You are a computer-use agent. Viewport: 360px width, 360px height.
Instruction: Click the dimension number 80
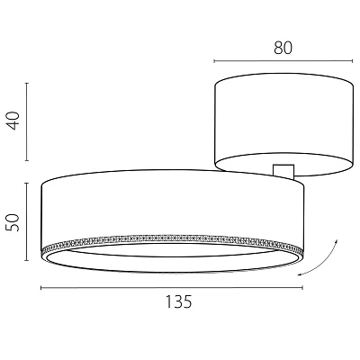(x=283, y=48)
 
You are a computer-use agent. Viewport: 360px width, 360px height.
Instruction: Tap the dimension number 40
(x=13, y=121)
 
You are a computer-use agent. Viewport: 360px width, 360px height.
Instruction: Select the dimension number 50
(x=13, y=222)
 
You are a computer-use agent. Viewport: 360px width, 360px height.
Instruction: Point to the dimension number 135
(x=178, y=301)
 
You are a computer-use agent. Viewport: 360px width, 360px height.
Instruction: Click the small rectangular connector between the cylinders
(x=283, y=171)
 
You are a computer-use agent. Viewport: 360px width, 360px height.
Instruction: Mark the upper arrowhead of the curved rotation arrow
(x=337, y=241)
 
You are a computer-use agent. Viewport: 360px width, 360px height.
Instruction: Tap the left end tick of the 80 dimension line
(x=214, y=61)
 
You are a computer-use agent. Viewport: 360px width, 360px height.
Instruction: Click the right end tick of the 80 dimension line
(x=352, y=61)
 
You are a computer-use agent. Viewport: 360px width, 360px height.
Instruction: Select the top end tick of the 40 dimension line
(x=27, y=83)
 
